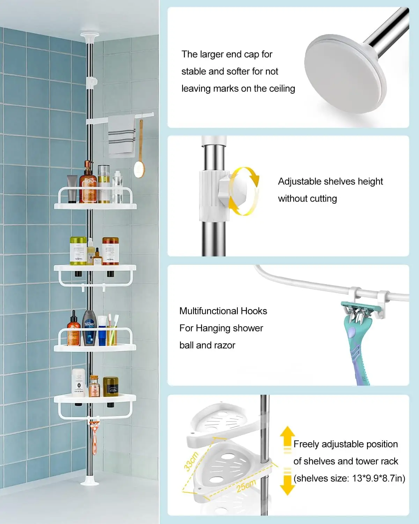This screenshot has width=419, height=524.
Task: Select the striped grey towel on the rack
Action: (121, 136)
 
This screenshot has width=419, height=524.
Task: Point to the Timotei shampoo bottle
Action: (89, 328)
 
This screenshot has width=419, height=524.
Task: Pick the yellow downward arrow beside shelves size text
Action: (287, 484)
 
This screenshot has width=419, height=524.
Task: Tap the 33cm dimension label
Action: (192, 461)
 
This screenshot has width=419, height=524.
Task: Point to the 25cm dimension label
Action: (246, 486)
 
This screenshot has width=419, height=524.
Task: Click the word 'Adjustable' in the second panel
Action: (299, 182)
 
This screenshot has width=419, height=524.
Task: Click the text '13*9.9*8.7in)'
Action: (379, 478)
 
